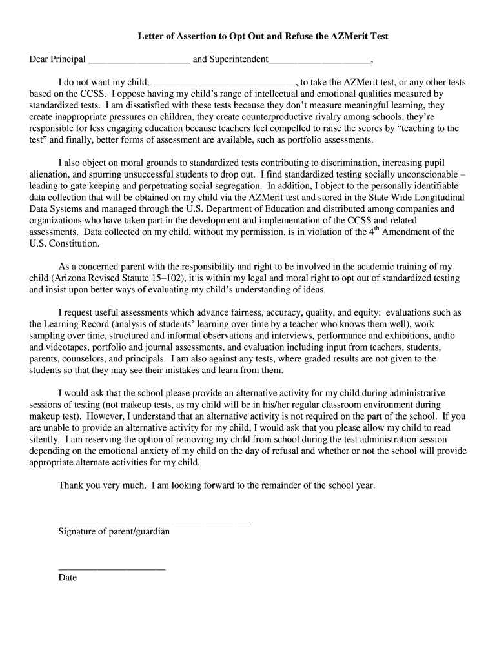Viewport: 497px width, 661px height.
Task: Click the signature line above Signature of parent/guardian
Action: coord(153,522)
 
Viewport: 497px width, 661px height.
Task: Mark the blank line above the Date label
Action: coord(112,569)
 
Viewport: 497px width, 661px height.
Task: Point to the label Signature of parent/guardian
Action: coord(114,532)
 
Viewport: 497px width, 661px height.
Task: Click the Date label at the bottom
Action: coord(67,578)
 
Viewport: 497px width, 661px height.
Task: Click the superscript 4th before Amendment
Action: coord(372,230)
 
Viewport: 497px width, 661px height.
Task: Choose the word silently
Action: coord(45,439)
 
